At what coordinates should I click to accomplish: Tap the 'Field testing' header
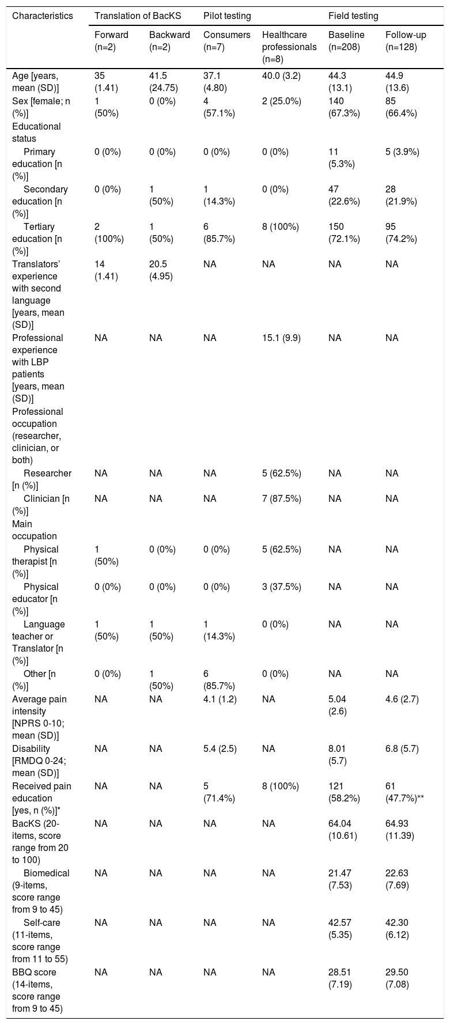pos(353,13)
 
